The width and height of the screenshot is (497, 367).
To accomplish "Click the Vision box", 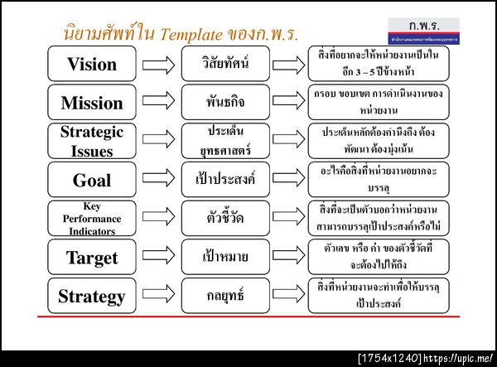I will [x=92, y=64].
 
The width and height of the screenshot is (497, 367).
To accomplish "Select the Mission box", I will [x=92, y=102].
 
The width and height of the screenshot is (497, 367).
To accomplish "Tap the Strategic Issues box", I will [x=92, y=140].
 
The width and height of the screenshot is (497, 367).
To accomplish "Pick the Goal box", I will [x=92, y=179].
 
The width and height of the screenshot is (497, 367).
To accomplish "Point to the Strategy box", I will [x=92, y=295].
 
